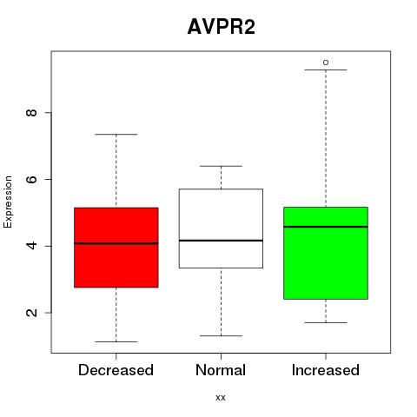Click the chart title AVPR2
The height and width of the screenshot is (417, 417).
(222, 27)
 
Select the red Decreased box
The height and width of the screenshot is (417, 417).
(116, 248)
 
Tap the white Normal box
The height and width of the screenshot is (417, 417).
(221, 228)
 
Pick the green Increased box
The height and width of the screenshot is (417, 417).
(326, 253)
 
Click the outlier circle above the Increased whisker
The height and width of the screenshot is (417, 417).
(326, 63)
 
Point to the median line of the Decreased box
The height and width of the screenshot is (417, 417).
(116, 243)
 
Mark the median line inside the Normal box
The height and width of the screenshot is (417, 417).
(221, 241)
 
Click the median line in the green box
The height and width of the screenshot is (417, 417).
(326, 227)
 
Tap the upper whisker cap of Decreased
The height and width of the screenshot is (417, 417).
(116, 135)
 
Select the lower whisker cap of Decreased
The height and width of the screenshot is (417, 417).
(116, 341)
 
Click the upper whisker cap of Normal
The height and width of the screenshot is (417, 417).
(221, 166)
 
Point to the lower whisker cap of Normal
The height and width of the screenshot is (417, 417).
(221, 336)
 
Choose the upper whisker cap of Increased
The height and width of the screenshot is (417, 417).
(326, 69)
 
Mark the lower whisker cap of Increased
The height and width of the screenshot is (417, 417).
(326, 322)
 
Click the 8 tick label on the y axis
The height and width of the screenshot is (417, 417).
(31, 112)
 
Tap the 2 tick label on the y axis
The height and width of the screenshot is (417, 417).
(31, 313)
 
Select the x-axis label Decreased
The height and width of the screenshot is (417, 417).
(116, 370)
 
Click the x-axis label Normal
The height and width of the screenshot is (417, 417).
(221, 370)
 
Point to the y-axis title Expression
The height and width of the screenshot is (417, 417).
(8, 202)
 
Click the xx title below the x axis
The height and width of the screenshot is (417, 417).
(221, 398)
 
